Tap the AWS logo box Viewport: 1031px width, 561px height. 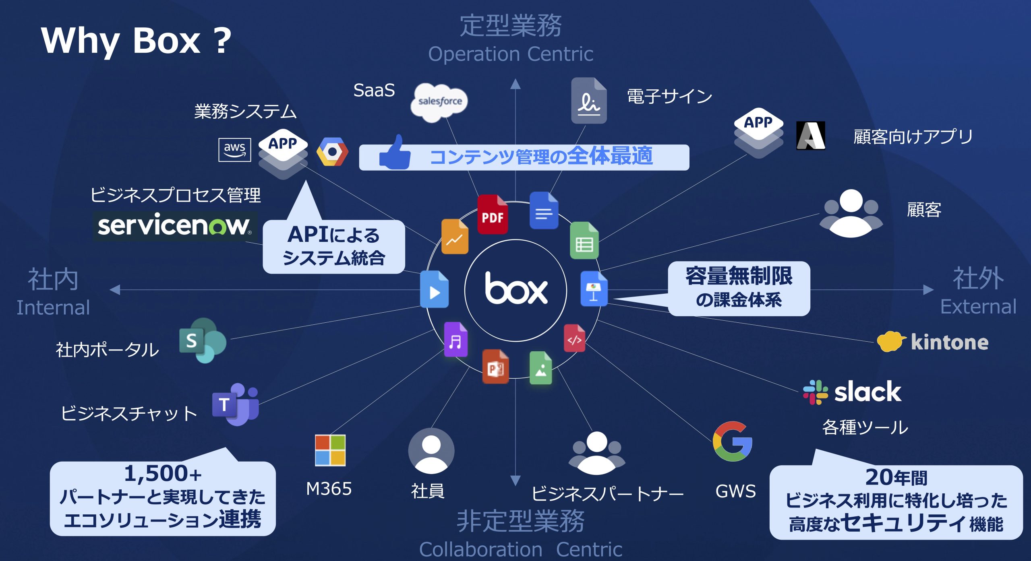point(234,150)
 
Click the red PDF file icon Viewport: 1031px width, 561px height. point(492,214)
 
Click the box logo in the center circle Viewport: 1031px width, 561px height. point(516,289)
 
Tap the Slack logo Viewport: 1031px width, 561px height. point(852,392)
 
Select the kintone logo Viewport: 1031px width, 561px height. point(933,342)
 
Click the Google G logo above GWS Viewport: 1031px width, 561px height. point(733,441)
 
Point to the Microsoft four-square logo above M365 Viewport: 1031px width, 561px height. point(330,450)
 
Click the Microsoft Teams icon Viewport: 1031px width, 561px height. point(236,404)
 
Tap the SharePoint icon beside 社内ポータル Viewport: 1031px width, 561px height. point(203,340)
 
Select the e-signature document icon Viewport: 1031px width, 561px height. point(588,101)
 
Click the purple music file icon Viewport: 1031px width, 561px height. point(455,340)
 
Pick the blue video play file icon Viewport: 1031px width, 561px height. point(434,290)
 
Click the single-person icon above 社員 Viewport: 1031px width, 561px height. point(431,451)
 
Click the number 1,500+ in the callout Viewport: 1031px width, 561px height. point(163,474)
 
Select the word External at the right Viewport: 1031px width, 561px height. point(978,307)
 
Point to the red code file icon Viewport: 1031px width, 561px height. point(574,338)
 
